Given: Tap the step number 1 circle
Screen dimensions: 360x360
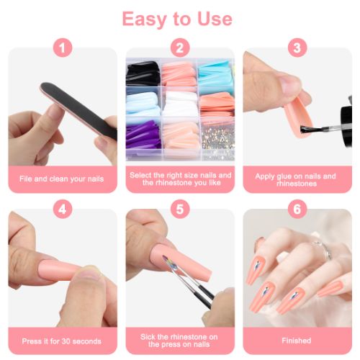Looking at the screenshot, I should click(64, 49).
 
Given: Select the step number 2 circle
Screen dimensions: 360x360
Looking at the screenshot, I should click(179, 49).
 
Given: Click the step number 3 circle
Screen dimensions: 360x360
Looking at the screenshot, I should click(297, 49).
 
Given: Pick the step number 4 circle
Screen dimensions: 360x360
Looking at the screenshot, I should click(64, 210).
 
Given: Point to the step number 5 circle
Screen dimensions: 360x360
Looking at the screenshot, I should click(179, 210).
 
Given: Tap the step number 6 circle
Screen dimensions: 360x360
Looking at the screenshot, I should click(297, 210).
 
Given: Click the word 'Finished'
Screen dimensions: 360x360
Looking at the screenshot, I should click(297, 341).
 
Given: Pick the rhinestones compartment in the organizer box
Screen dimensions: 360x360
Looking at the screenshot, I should click(217, 137).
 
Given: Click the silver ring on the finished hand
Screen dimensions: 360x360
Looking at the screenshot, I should click(325, 252).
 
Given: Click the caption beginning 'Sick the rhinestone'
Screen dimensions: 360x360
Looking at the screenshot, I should click(179, 341).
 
